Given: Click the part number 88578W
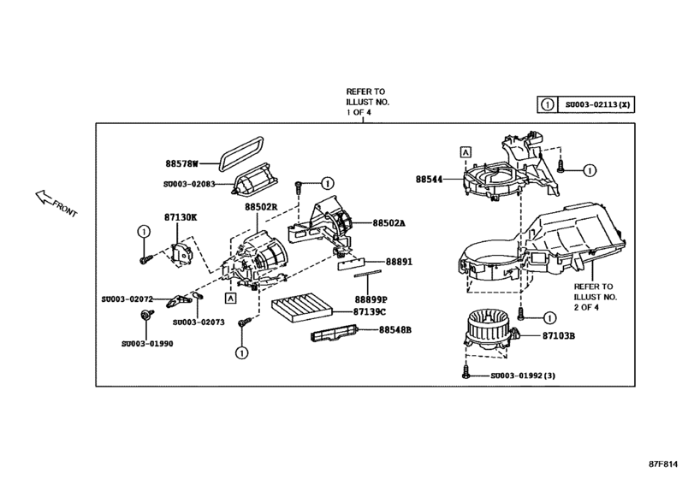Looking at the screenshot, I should (x=181, y=162).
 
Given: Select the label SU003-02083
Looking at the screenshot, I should (x=193, y=183).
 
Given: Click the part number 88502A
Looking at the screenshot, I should (x=389, y=223).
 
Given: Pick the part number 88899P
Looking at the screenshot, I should (x=371, y=299).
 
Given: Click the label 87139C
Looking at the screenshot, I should (x=371, y=311).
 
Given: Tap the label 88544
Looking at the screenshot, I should (x=433, y=180).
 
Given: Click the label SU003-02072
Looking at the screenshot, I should (x=127, y=299).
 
